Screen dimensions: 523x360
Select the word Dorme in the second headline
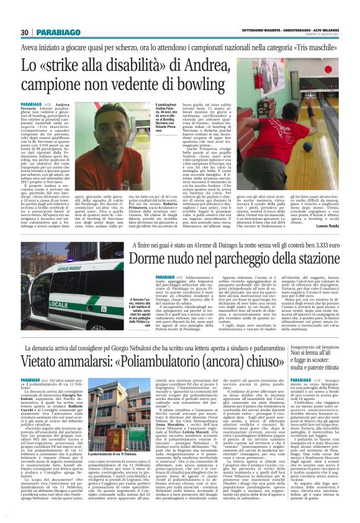151,256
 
